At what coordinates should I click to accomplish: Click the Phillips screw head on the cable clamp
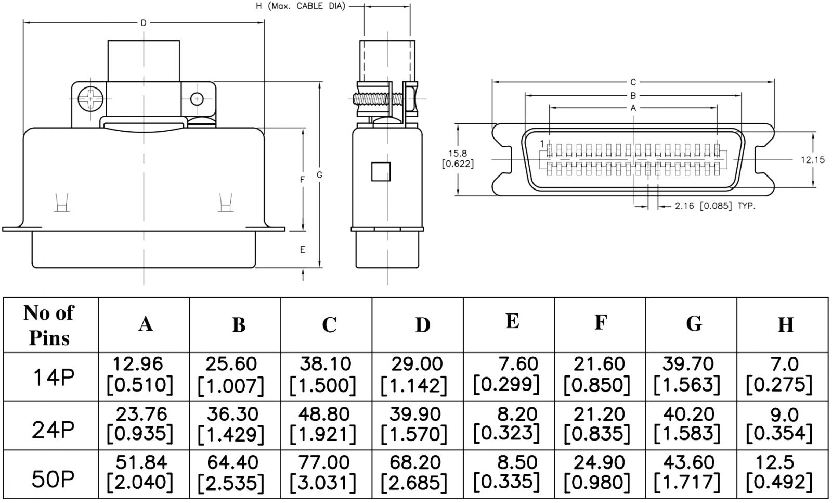coord(89,98)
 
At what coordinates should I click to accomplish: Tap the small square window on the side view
coord(381,171)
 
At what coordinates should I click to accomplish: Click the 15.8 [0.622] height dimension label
coord(458,159)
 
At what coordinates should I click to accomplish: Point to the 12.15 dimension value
coord(812,160)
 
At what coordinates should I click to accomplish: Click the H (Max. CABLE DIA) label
coord(301,6)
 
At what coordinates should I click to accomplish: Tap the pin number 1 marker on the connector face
coord(542,143)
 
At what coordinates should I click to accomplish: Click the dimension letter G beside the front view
coord(319,175)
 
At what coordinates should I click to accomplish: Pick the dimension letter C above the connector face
coord(633,82)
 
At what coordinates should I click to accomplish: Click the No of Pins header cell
coord(50,325)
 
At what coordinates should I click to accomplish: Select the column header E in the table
coord(512,321)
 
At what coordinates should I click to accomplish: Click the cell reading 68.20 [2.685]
coord(414,473)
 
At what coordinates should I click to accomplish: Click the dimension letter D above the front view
coord(144,22)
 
